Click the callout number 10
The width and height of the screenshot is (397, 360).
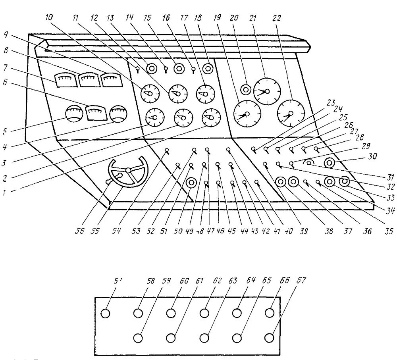[51, 17]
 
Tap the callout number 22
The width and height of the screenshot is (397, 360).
[278, 17]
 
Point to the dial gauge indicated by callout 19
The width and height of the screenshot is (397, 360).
[247, 114]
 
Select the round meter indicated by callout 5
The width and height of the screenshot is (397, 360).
[74, 114]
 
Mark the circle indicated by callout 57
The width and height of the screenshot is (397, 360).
[105, 314]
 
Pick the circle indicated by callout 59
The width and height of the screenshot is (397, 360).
[138, 338]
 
